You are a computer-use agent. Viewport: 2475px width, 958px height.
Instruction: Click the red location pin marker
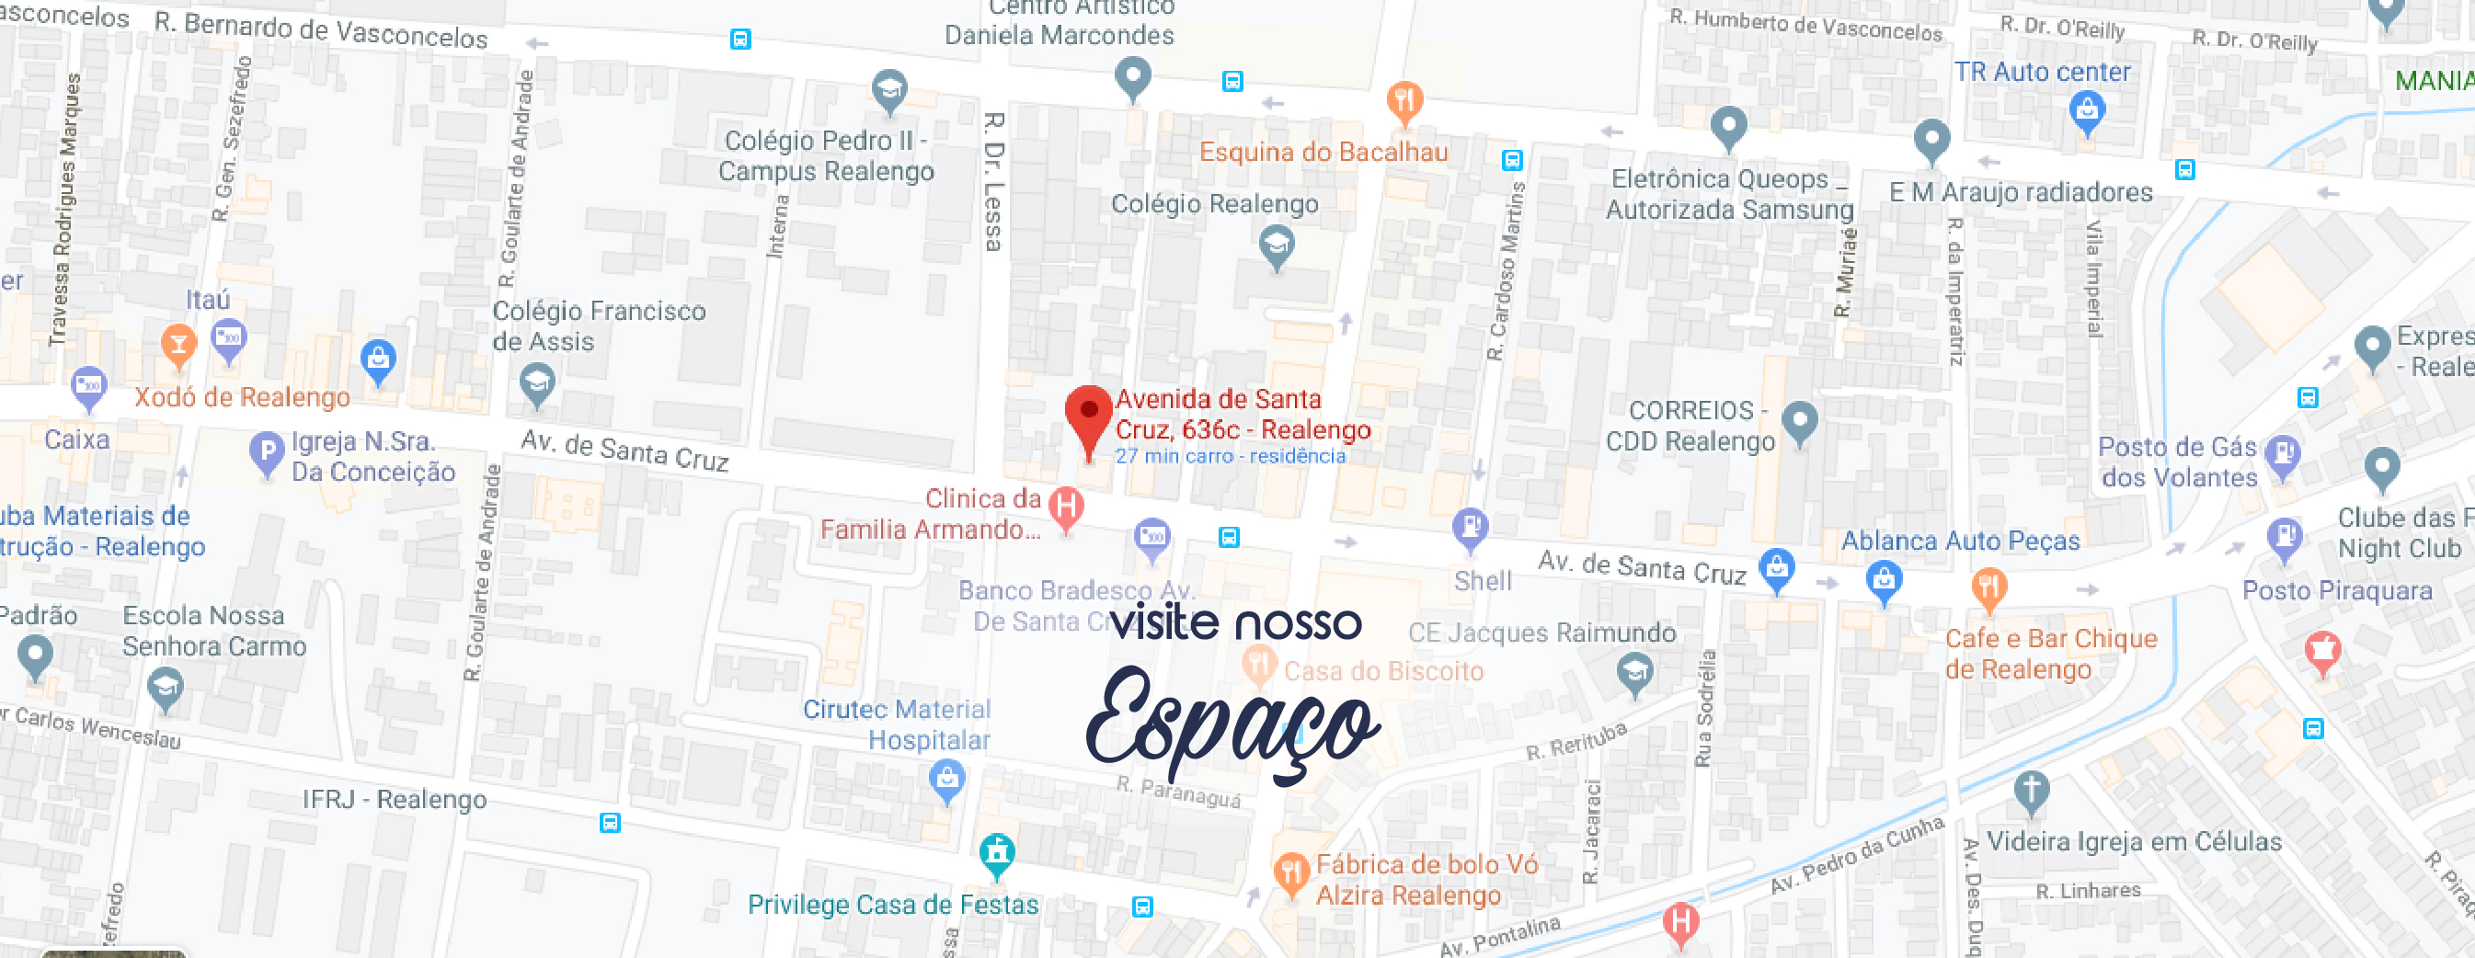tap(1089, 415)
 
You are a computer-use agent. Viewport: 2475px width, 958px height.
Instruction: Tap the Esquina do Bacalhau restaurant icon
tap(1404, 100)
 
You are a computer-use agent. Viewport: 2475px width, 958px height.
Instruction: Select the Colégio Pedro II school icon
tap(889, 88)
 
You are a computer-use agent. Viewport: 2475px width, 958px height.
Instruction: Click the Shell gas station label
tap(1483, 580)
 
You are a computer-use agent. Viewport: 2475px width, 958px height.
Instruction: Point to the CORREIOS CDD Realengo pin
tap(1800, 421)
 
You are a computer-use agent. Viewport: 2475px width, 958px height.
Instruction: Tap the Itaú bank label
tap(208, 300)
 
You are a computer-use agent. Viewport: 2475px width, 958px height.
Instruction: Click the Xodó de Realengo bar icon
tap(178, 344)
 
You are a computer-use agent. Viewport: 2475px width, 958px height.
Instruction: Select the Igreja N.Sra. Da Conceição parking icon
tap(266, 451)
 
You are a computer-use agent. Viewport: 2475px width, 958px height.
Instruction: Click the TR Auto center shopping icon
tap(2087, 109)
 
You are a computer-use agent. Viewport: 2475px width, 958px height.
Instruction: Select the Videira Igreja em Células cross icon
tap(2031, 791)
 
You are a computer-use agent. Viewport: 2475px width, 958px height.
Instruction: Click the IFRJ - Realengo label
tap(394, 800)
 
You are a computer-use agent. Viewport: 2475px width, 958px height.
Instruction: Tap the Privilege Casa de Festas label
tap(892, 904)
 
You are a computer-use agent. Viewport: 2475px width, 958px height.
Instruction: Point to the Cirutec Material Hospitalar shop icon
tap(947, 780)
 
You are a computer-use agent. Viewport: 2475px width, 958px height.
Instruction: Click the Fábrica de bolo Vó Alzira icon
tap(1290, 872)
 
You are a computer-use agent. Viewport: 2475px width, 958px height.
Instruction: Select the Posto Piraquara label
tap(2337, 590)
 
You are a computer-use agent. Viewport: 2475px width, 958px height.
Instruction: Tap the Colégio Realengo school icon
tap(1276, 245)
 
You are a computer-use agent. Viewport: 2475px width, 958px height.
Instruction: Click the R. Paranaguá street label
tap(1178, 791)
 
